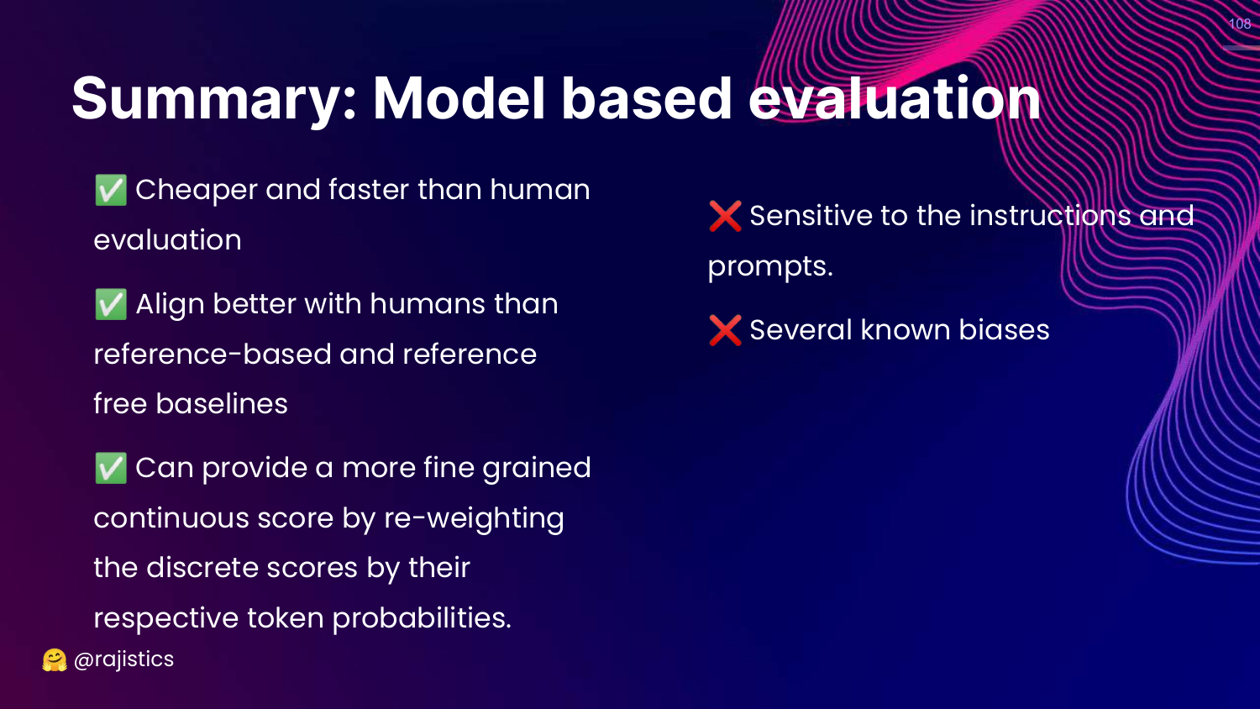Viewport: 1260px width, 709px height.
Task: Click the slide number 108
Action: point(1240,24)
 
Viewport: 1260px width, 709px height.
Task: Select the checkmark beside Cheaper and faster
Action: point(110,190)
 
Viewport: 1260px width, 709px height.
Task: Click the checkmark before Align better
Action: point(110,304)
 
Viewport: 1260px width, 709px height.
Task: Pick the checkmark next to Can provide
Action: point(110,468)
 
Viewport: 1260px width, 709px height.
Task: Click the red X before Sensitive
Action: point(724,216)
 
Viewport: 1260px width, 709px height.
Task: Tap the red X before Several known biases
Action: point(724,330)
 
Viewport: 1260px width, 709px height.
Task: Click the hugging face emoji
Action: point(55,660)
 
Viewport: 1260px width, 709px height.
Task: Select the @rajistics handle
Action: point(123,659)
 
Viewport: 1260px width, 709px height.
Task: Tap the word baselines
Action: point(222,404)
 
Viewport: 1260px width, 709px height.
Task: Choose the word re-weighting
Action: point(474,518)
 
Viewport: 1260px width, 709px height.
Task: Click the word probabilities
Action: point(422,618)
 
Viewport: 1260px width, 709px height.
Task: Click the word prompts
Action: point(770,267)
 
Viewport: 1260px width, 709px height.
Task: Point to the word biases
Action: point(1004,330)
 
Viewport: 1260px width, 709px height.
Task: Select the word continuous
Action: point(171,518)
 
